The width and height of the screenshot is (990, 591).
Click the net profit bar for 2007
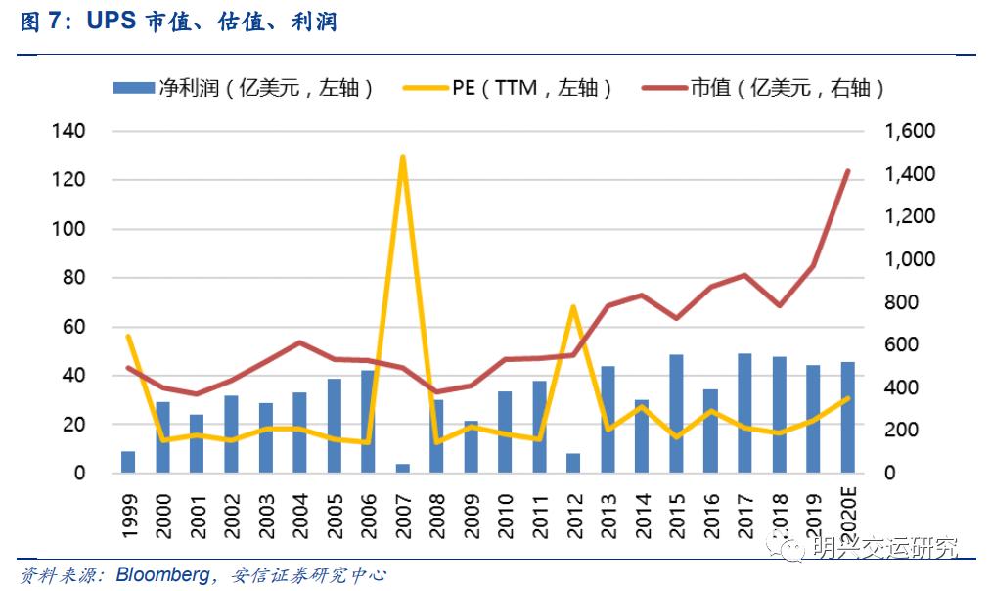[x=402, y=468]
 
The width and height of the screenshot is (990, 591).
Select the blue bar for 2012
[x=573, y=463]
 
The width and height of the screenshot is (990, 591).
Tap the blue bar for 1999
[x=128, y=462]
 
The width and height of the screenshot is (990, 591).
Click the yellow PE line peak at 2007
[x=402, y=157]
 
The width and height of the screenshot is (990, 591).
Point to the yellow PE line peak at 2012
[x=573, y=307]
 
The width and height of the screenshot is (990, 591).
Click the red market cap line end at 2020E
[x=847, y=171]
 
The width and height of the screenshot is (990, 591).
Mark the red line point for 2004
[x=299, y=342]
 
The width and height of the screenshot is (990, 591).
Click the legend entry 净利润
[x=245, y=88]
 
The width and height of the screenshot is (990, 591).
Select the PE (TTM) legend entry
[x=509, y=88]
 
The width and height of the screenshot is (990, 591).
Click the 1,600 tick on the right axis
[x=910, y=131]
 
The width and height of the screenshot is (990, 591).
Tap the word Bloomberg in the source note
[x=161, y=574]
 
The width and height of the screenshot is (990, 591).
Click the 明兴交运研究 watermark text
[x=885, y=549]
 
